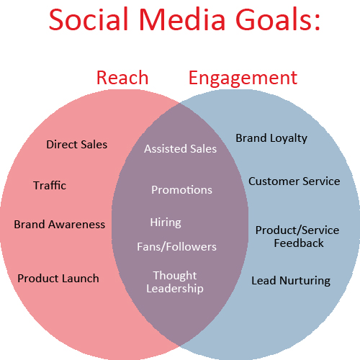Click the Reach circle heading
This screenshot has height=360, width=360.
coord(122,77)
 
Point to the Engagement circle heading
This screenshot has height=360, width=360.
coord(243,78)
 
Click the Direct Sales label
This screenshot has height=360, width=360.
coord(76,144)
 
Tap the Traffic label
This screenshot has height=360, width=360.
coord(50,185)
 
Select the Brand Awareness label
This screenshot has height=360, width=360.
coord(59,224)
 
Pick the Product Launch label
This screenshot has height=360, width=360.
coord(58,278)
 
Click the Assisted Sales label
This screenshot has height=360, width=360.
coord(180,149)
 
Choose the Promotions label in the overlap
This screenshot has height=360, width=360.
coord(181,190)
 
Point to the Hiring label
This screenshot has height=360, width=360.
coord(166,222)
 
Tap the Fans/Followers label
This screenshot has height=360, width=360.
coord(176,246)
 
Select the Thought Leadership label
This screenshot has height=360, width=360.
coord(175,282)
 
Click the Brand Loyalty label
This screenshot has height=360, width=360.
coord(271,138)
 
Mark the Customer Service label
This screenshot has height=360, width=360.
coord(294,181)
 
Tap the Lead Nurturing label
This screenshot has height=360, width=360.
coord(291,280)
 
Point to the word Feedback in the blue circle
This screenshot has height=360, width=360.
coord(299,243)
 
